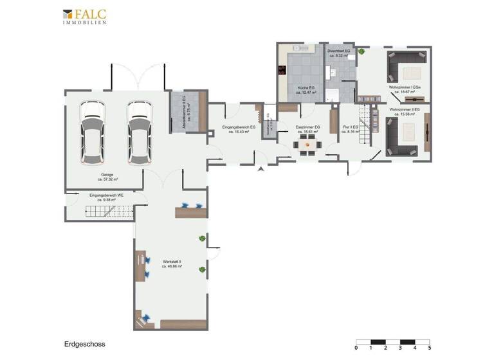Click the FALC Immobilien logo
coord(85,16)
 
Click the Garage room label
coord(108,179)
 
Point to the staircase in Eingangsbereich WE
coord(109,210)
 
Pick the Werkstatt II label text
coord(172,263)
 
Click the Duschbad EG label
coord(338,52)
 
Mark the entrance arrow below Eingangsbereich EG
coord(261,169)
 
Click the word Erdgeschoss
coord(84,344)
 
